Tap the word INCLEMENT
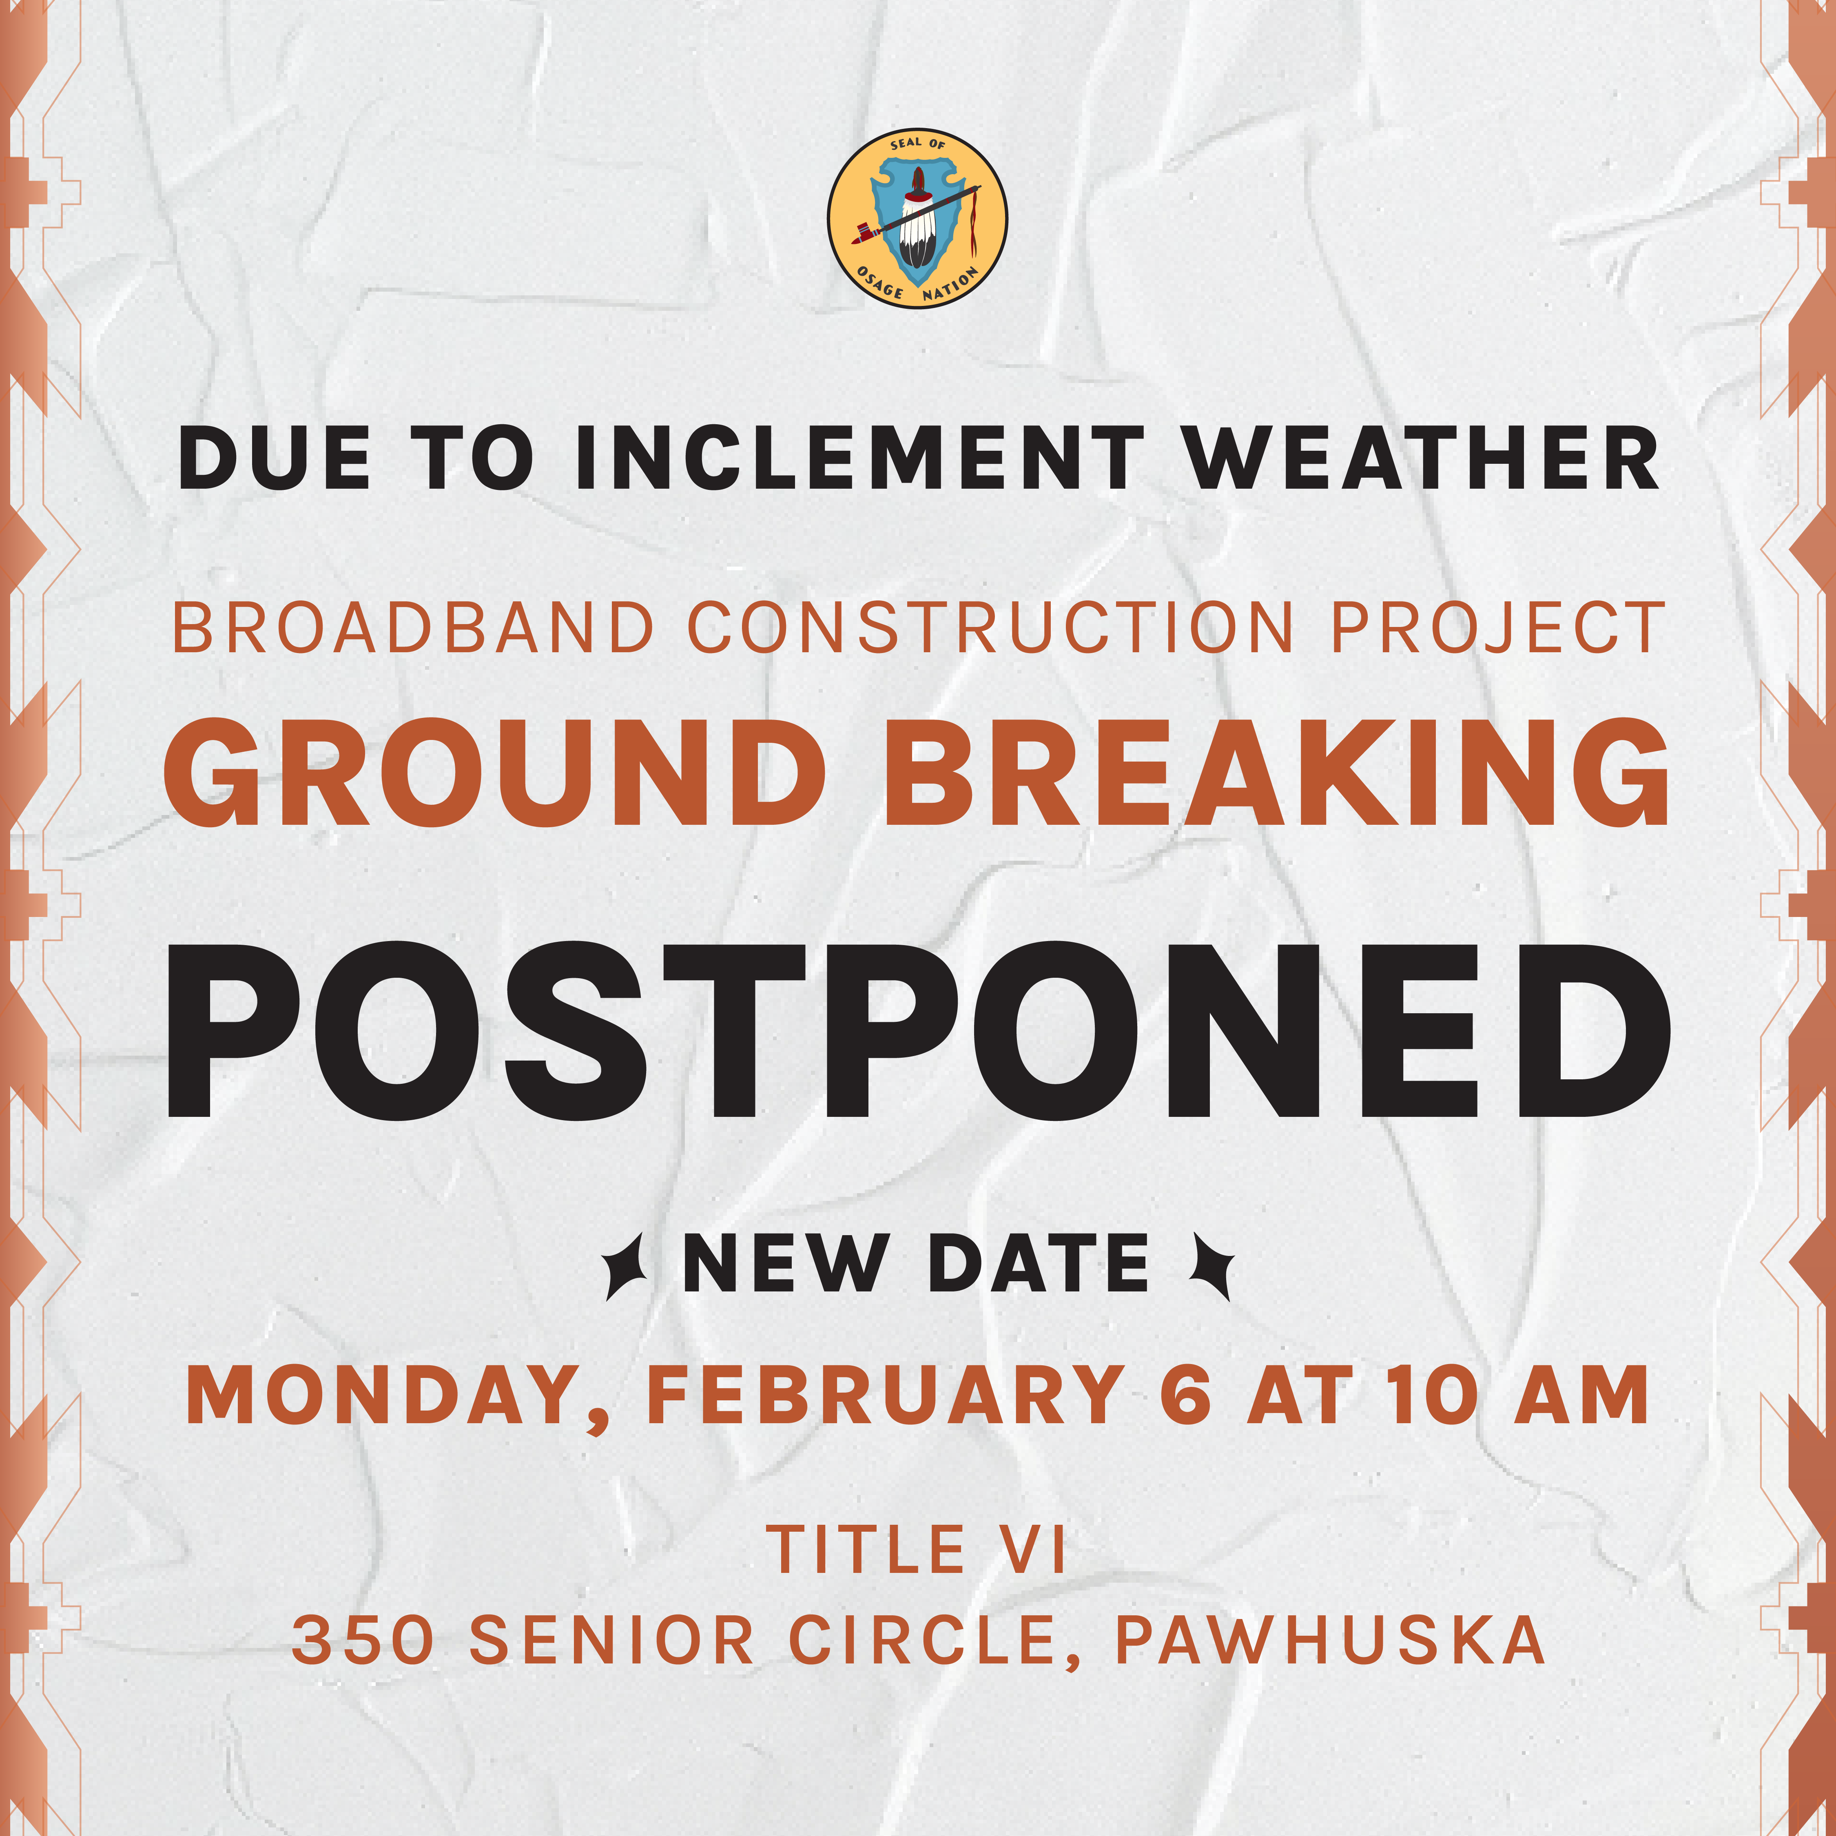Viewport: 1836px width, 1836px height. coord(860,458)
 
